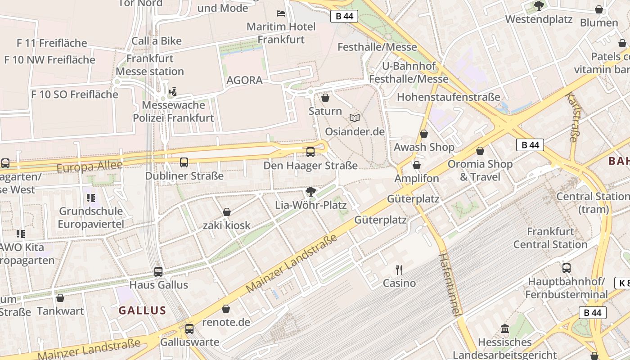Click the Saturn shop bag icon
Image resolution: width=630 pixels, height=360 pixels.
point(325,98)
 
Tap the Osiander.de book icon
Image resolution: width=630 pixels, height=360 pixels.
point(355,118)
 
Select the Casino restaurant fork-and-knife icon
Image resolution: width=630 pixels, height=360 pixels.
point(399,270)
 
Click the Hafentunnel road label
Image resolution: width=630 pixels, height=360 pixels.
point(450,284)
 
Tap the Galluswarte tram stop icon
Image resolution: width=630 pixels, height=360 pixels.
point(189,329)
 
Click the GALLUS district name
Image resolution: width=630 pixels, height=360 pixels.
point(142,310)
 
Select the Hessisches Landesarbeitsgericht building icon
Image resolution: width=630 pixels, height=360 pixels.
point(504,329)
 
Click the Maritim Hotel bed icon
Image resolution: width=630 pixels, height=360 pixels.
point(281,13)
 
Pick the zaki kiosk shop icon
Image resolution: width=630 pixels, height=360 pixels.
point(227,212)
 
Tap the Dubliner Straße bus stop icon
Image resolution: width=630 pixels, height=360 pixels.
point(184,162)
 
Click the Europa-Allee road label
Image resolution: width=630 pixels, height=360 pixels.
point(90,167)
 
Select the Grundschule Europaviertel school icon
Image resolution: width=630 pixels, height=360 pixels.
point(91,198)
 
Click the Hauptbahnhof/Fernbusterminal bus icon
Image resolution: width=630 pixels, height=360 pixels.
point(567,268)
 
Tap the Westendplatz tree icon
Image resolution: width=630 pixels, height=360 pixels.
point(539,6)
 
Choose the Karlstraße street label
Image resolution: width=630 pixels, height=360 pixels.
point(572,117)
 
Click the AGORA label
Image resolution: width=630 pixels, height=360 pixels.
point(244,80)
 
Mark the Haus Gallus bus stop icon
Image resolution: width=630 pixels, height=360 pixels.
point(158,271)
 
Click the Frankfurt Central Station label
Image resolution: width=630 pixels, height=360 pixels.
point(550,238)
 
